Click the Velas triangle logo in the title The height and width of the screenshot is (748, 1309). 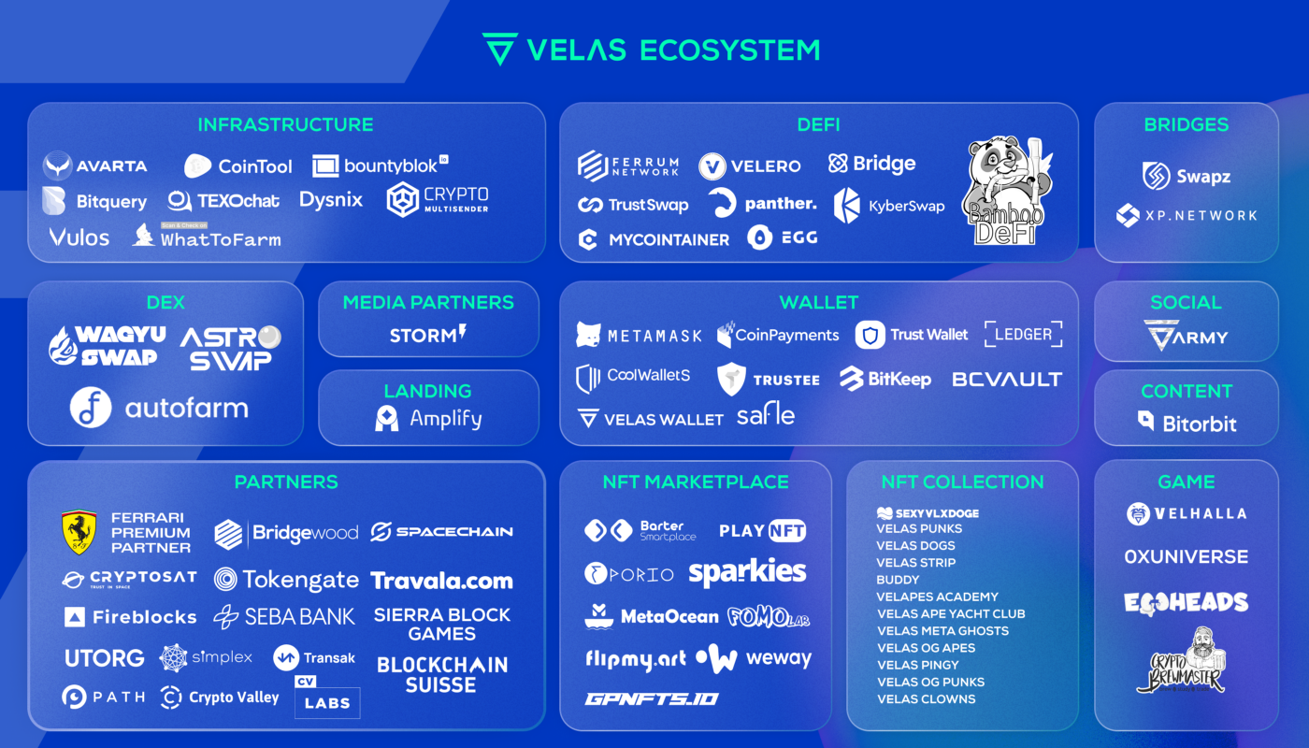499,49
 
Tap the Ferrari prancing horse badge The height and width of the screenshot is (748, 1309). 79,532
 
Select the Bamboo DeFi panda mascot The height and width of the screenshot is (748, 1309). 1006,192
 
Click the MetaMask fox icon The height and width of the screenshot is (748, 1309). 588,335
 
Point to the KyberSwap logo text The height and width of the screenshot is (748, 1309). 906,206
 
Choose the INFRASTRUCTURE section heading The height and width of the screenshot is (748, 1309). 285,124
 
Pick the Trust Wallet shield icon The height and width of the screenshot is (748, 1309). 870,335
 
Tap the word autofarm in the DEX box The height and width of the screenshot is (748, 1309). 187,408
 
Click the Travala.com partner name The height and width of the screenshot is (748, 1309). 441,581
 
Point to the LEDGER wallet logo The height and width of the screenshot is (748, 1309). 1023,334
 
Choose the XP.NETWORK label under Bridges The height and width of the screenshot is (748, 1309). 1201,215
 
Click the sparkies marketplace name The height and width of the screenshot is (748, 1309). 747,572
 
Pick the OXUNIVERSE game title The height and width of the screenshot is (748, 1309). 1186,556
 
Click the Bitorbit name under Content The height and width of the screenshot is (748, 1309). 1200,424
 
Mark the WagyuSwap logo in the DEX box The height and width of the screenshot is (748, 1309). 108,345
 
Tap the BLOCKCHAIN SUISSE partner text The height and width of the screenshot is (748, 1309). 442,674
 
